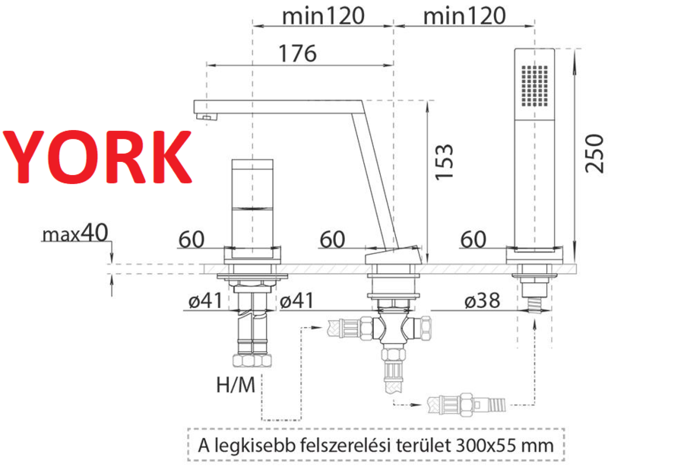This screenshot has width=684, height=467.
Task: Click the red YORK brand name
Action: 98,157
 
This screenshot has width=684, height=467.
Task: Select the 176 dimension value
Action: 297,53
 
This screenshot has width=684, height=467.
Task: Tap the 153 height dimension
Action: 445,161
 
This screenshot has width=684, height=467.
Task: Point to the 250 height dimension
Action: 594,153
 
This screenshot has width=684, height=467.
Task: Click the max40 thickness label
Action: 75,233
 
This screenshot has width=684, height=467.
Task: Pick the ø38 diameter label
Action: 482,300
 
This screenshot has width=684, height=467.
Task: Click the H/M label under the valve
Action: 236,385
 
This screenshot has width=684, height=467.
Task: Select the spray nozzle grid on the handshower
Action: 534,86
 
